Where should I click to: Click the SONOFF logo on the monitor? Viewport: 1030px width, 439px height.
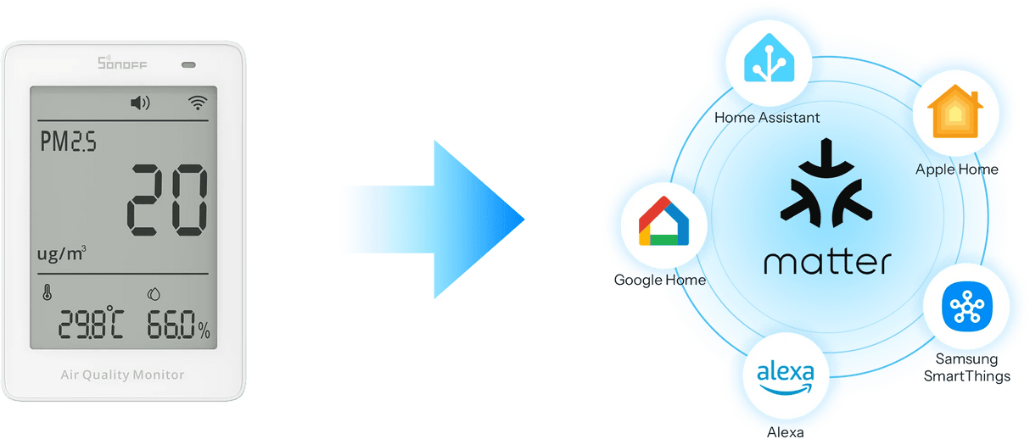(122, 63)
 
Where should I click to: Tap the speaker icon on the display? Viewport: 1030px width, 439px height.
(140, 103)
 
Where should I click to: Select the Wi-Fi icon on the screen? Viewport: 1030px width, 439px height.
(198, 103)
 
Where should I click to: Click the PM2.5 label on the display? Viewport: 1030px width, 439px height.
(69, 141)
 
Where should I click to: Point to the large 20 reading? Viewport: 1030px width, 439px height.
(167, 200)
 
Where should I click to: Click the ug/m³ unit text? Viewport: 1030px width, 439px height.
(62, 253)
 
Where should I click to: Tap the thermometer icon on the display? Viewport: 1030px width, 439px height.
(47, 292)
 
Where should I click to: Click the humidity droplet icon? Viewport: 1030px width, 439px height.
(154, 294)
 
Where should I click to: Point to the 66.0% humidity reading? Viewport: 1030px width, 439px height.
(178, 325)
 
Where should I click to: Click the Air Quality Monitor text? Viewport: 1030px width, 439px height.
(122, 375)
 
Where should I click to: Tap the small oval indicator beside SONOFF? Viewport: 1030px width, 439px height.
(188, 64)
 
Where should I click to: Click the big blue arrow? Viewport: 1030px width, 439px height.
(436, 219)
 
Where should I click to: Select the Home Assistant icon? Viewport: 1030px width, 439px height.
(769, 58)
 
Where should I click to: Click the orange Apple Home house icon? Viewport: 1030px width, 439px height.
(955, 111)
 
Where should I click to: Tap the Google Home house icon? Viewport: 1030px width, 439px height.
(664, 221)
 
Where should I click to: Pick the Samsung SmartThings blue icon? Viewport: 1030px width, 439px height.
(967, 306)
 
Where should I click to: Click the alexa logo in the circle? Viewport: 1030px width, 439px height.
(786, 377)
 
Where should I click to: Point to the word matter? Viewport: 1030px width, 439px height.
(828, 262)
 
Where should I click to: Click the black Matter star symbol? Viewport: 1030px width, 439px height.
(826, 183)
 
